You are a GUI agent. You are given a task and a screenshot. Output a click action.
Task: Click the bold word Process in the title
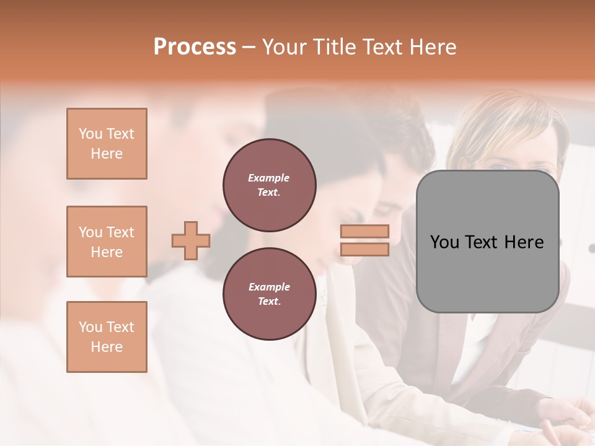click(x=195, y=47)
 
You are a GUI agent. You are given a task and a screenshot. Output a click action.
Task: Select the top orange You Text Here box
click(x=107, y=144)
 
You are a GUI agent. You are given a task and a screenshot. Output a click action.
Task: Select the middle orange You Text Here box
click(x=107, y=242)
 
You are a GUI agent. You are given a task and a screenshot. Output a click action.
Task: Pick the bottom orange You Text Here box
click(x=107, y=337)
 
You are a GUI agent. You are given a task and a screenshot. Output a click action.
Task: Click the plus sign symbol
click(x=191, y=240)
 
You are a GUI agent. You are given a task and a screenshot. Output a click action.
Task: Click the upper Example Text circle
click(x=270, y=185)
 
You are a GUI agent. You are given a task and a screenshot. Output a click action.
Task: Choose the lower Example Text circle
click(x=270, y=294)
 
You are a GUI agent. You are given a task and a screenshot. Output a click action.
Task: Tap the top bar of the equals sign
click(x=364, y=231)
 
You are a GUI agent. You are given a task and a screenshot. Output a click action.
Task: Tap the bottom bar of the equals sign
click(x=364, y=250)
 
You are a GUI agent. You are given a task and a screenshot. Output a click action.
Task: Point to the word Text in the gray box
click(x=482, y=242)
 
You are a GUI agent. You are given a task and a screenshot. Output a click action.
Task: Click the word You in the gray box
click(x=445, y=242)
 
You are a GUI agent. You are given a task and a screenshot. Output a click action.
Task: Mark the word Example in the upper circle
click(x=269, y=178)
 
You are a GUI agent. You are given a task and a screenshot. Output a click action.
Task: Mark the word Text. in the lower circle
click(x=269, y=302)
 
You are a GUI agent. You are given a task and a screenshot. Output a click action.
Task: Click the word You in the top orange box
click(x=90, y=134)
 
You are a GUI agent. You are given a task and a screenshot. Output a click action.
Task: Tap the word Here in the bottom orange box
click(x=107, y=347)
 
